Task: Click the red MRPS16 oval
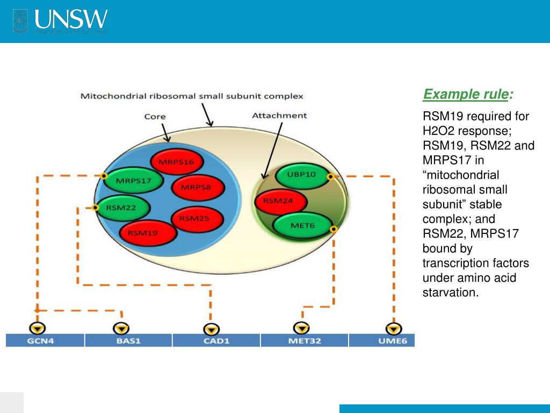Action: click(176, 162)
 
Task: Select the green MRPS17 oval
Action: click(134, 181)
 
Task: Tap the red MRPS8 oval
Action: click(197, 188)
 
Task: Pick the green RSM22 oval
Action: click(121, 207)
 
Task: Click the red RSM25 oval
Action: click(194, 218)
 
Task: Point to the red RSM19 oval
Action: click(146, 233)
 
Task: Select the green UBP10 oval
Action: click(302, 175)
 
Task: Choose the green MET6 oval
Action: click(302, 225)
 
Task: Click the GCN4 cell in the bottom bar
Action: click(45, 341)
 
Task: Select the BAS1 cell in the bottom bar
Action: click(128, 341)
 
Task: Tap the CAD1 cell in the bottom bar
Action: click(216, 341)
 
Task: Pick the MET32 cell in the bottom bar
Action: click(304, 341)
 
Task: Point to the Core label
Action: click(155, 116)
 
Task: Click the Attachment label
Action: click(279, 115)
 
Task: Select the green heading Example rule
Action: click(465, 95)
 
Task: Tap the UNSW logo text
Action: click(71, 20)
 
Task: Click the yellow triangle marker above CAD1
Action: click(212, 329)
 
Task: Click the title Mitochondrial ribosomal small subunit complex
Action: click(192, 96)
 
